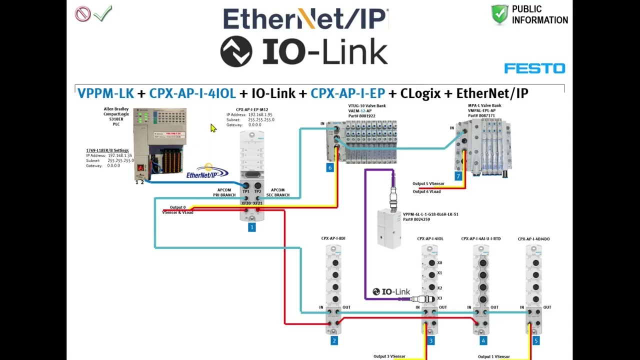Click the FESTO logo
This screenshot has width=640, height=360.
pyautogui.click(x=534, y=68)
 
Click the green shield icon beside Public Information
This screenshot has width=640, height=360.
pyautogui.click(x=499, y=14)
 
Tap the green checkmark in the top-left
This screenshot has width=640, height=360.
pyautogui.click(x=103, y=13)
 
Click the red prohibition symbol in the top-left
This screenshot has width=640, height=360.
pyautogui.click(x=82, y=13)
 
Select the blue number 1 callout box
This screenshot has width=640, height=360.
pyautogui.click(x=251, y=227)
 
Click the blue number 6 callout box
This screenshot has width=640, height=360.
pyautogui.click(x=329, y=167)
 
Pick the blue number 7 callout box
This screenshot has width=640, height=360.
pyautogui.click(x=458, y=176)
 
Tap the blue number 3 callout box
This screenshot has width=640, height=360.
pyautogui.click(x=430, y=341)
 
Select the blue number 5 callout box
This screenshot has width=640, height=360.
pyautogui.click(x=535, y=341)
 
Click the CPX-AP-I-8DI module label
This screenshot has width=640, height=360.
pyautogui.click(x=333, y=238)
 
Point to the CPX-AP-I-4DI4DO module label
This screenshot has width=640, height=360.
pyautogui.click(x=533, y=239)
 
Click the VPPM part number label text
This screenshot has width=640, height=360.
pyautogui.click(x=430, y=216)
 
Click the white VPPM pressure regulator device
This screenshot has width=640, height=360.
pyautogui.click(x=389, y=227)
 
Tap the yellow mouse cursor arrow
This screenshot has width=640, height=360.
pyautogui.click(x=213, y=128)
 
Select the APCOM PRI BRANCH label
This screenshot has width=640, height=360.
pyautogui.click(x=224, y=192)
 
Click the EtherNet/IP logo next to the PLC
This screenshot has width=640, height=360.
pyautogui.click(x=207, y=174)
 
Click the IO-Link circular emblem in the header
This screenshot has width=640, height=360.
pyautogui.click(x=236, y=51)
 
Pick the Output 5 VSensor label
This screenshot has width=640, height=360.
pyautogui.click(x=428, y=183)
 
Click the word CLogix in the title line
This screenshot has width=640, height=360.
pyautogui.click(x=420, y=93)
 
